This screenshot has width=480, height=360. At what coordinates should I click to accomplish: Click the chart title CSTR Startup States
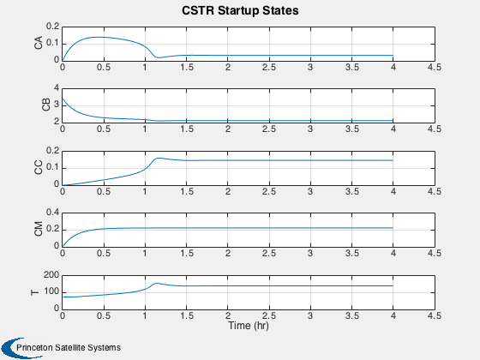point(240,10)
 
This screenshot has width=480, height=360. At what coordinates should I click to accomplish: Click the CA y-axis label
point(39,43)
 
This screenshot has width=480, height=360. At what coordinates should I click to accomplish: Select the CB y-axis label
point(46,105)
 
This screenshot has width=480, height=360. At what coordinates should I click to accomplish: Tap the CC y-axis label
point(39,167)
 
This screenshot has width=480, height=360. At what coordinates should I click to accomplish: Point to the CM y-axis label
point(39,229)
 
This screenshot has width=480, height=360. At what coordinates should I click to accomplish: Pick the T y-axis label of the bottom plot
point(35,292)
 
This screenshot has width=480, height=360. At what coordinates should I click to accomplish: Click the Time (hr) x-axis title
point(249,325)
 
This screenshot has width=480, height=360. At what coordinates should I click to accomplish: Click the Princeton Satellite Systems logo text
point(69,348)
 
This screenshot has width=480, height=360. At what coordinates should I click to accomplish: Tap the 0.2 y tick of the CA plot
point(53,27)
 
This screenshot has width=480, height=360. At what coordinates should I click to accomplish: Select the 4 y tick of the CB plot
point(57,88)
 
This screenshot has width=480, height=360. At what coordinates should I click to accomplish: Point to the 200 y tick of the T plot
point(51,275)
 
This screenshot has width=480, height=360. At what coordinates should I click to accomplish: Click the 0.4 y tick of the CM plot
point(53,213)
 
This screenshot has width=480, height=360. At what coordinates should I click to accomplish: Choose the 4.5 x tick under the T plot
point(435,315)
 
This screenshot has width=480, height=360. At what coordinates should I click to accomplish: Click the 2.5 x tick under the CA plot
point(269,68)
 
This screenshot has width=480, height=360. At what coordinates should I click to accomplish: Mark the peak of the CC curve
point(158,158)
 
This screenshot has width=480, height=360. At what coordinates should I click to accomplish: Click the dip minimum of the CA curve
point(158,57)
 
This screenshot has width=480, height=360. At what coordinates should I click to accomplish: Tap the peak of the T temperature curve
point(156,283)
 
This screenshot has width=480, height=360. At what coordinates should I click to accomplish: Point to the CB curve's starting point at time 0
point(63,99)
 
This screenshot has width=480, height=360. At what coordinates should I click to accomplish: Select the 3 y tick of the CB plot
point(57,105)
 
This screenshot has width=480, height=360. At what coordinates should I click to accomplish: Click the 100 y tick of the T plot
point(51,292)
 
